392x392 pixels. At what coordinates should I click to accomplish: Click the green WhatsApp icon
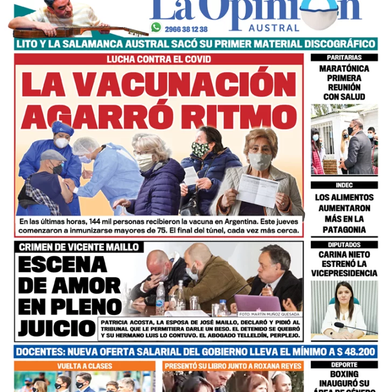[156, 27]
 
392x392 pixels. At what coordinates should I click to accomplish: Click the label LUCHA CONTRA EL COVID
[158, 59]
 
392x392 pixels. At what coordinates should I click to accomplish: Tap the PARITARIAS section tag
[344, 57]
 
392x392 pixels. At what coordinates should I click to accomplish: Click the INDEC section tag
[344, 185]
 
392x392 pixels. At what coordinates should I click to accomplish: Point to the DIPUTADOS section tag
[344, 244]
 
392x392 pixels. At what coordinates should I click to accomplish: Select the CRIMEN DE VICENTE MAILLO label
[79, 247]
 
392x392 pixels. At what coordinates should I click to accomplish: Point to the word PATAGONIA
[344, 230]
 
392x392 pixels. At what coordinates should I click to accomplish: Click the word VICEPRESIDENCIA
[344, 274]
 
